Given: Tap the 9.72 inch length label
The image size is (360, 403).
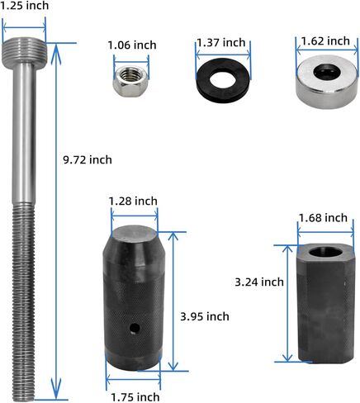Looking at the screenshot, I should click(x=88, y=159).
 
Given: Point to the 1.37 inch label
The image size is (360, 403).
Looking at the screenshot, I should click(x=220, y=42).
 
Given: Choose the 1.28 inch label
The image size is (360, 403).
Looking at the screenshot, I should click(x=133, y=201).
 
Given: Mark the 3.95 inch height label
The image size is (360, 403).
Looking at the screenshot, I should click(x=204, y=315).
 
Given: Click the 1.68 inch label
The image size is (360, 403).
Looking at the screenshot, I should click(x=323, y=218).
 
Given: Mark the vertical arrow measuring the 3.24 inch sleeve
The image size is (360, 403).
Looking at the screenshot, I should click(x=287, y=301).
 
